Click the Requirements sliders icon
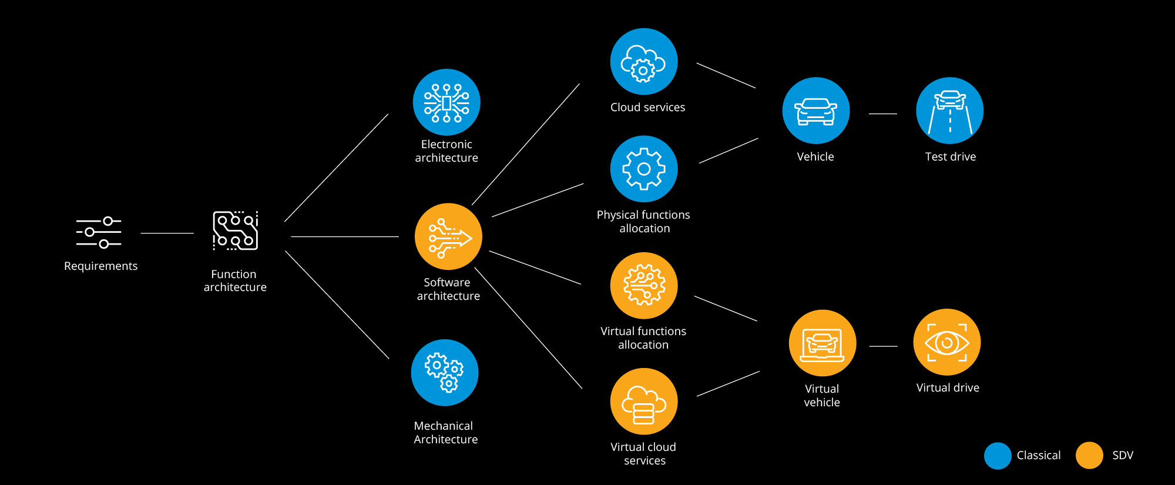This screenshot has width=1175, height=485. (x=99, y=232)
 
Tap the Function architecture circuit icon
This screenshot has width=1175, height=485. (x=235, y=230)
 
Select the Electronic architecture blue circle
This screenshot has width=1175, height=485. (x=446, y=102)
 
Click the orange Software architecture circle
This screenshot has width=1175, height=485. (x=448, y=236)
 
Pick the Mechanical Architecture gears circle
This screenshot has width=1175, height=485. (x=445, y=373)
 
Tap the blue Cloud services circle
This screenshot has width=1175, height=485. (x=644, y=62)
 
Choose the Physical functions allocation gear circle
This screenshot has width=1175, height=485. (x=644, y=169)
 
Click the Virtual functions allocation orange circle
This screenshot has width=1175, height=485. (x=644, y=286)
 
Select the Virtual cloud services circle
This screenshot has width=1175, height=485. (x=644, y=402)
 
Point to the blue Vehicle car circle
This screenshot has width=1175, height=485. (x=816, y=111)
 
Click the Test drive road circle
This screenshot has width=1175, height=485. (x=950, y=111)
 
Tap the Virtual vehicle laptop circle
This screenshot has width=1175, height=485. (x=822, y=343)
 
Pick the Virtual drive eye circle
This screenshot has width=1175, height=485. (x=947, y=342)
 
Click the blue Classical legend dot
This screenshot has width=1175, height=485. (x=998, y=456)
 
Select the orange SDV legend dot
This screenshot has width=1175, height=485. (x=1089, y=456)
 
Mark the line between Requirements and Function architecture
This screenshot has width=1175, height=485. (x=167, y=233)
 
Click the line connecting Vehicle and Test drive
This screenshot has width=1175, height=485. (x=882, y=113)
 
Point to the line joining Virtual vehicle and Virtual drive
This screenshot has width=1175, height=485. (x=883, y=346)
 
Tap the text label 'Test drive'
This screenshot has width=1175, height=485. (x=950, y=157)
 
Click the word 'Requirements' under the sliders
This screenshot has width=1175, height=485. (x=100, y=266)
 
